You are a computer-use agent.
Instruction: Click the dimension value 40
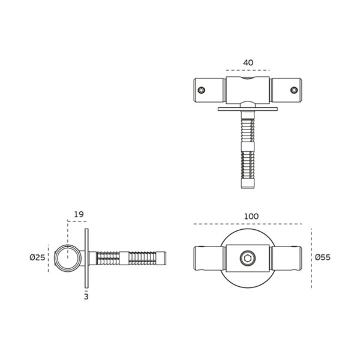pos(248,62)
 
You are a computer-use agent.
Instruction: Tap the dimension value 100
pos(251,216)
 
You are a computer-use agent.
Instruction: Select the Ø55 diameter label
pos(323,257)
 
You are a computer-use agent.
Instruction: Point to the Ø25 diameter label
pos(37,257)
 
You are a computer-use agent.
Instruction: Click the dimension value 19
pos(79,214)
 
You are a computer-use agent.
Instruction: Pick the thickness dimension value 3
pos(86,296)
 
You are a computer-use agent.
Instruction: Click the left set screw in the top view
pos(202,90)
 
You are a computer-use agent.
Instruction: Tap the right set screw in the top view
pos(294,90)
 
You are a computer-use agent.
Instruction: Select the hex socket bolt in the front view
pos(247,258)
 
